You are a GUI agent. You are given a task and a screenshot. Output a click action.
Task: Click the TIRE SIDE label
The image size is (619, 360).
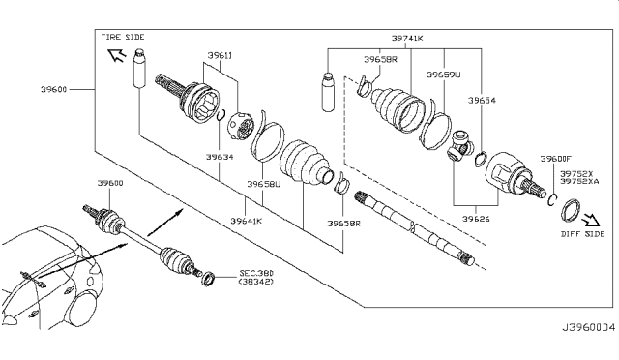point(123,37)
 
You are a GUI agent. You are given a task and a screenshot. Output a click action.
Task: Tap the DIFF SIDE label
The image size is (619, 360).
point(582,234)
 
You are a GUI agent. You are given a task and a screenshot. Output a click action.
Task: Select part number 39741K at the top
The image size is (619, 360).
point(407,39)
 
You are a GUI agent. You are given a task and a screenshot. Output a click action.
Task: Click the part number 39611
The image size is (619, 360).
point(220,56)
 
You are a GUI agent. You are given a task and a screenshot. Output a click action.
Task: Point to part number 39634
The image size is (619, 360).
point(220,157)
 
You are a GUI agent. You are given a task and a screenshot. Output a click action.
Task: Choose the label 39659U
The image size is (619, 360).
point(444,75)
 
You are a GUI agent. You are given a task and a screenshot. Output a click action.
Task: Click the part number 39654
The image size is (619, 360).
point(482,101)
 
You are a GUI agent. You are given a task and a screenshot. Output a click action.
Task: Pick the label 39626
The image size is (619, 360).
point(476,219)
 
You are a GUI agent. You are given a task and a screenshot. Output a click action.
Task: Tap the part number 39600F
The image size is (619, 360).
point(556,159)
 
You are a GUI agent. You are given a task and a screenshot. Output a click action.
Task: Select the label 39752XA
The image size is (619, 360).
point(579,181)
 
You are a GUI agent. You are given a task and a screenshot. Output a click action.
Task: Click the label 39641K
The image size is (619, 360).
point(247,221)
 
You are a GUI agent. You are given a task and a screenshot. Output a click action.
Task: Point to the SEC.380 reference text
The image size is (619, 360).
point(256,274)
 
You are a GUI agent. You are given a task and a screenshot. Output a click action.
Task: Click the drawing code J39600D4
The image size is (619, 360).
point(589,328)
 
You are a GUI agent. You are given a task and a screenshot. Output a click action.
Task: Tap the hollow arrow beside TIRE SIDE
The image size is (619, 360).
point(117,54)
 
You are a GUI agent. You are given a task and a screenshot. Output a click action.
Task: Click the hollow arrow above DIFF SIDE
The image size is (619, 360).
point(591,220)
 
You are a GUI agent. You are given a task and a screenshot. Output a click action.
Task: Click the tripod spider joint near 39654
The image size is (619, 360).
point(460,146)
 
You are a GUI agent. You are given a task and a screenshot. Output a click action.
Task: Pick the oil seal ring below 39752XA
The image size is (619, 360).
point(571,211)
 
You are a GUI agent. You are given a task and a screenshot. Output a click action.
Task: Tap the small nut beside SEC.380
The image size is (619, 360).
point(207,278)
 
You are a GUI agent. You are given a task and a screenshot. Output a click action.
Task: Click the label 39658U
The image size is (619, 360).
point(264,184)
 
